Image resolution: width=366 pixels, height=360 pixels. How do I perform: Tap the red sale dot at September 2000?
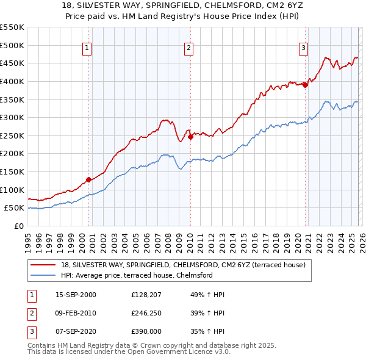pos(88,179)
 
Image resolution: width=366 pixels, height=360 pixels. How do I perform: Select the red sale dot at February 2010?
pos(190,137)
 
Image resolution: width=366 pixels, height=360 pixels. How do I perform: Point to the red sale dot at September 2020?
pos(305,85)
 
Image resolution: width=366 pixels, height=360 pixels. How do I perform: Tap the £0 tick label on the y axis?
pos(18,226)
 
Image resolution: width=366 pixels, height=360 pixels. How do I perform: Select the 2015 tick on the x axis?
pos(243,241)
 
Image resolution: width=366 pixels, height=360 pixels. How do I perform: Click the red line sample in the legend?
pos(43,265)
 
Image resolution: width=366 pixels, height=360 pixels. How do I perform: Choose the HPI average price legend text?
pos(137,275)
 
